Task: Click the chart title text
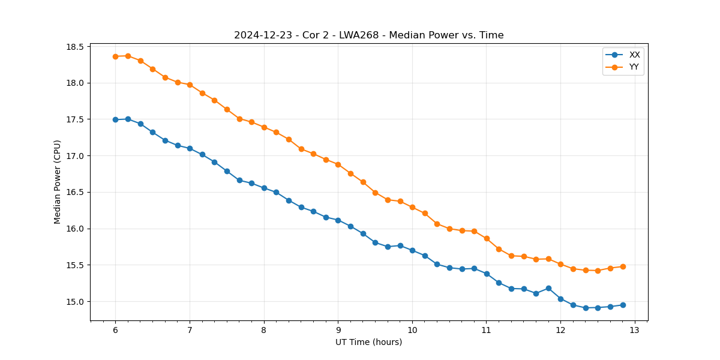(368, 35)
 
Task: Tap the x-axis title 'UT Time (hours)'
(368, 342)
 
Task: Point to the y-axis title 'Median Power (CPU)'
(58, 182)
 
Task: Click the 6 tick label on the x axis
(115, 330)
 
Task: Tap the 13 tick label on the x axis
(635, 330)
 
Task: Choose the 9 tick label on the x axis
(338, 330)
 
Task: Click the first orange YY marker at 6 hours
(115, 56)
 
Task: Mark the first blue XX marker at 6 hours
(115, 119)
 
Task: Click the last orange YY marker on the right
(623, 266)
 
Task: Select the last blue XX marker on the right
(623, 305)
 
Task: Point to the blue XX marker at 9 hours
(338, 220)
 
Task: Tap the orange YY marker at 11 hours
(487, 238)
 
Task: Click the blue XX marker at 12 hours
(560, 299)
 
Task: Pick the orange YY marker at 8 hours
(264, 127)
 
